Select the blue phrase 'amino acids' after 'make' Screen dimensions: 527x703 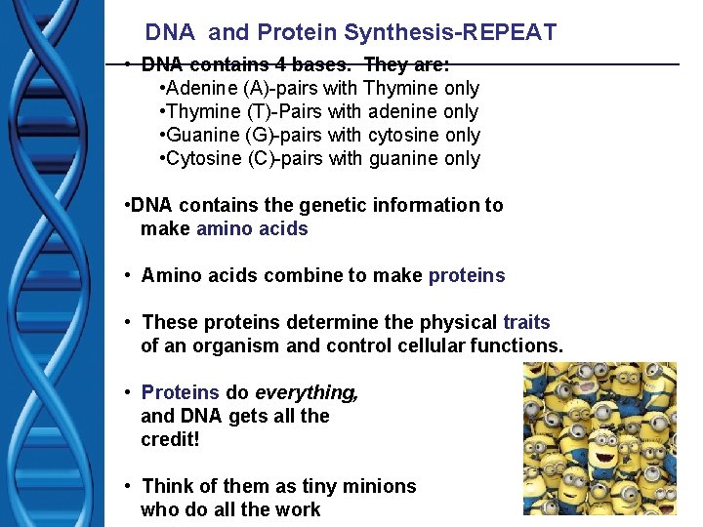(x=252, y=229)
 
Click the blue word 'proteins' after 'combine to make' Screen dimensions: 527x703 (x=467, y=275)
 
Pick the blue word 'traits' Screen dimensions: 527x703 (x=526, y=322)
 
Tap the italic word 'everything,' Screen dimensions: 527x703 (x=307, y=392)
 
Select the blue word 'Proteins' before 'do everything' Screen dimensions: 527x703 (x=181, y=392)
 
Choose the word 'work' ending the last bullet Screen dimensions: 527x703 (x=299, y=509)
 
